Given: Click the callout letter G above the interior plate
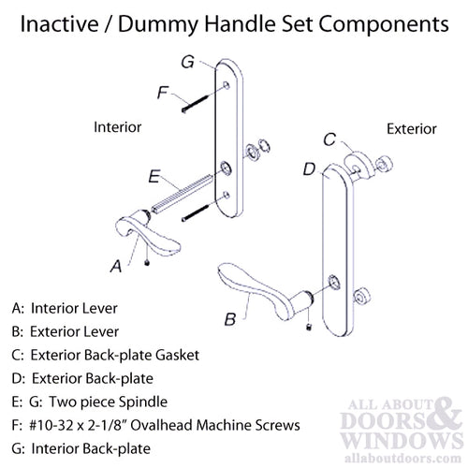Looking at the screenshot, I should (x=187, y=63).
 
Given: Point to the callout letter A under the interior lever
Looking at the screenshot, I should (x=115, y=265).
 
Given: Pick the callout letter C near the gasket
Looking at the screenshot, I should (x=329, y=139).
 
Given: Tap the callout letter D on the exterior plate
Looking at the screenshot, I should (x=308, y=169).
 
